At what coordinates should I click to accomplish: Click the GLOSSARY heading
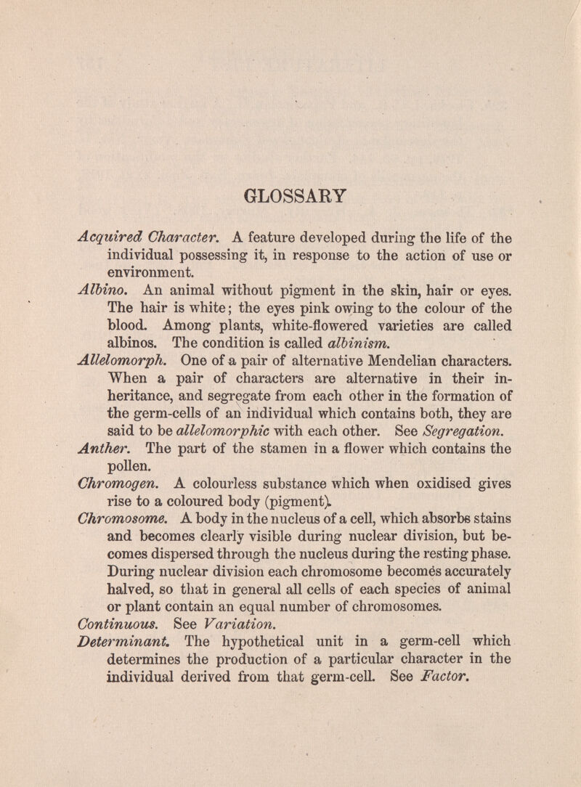pos(290,196)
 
